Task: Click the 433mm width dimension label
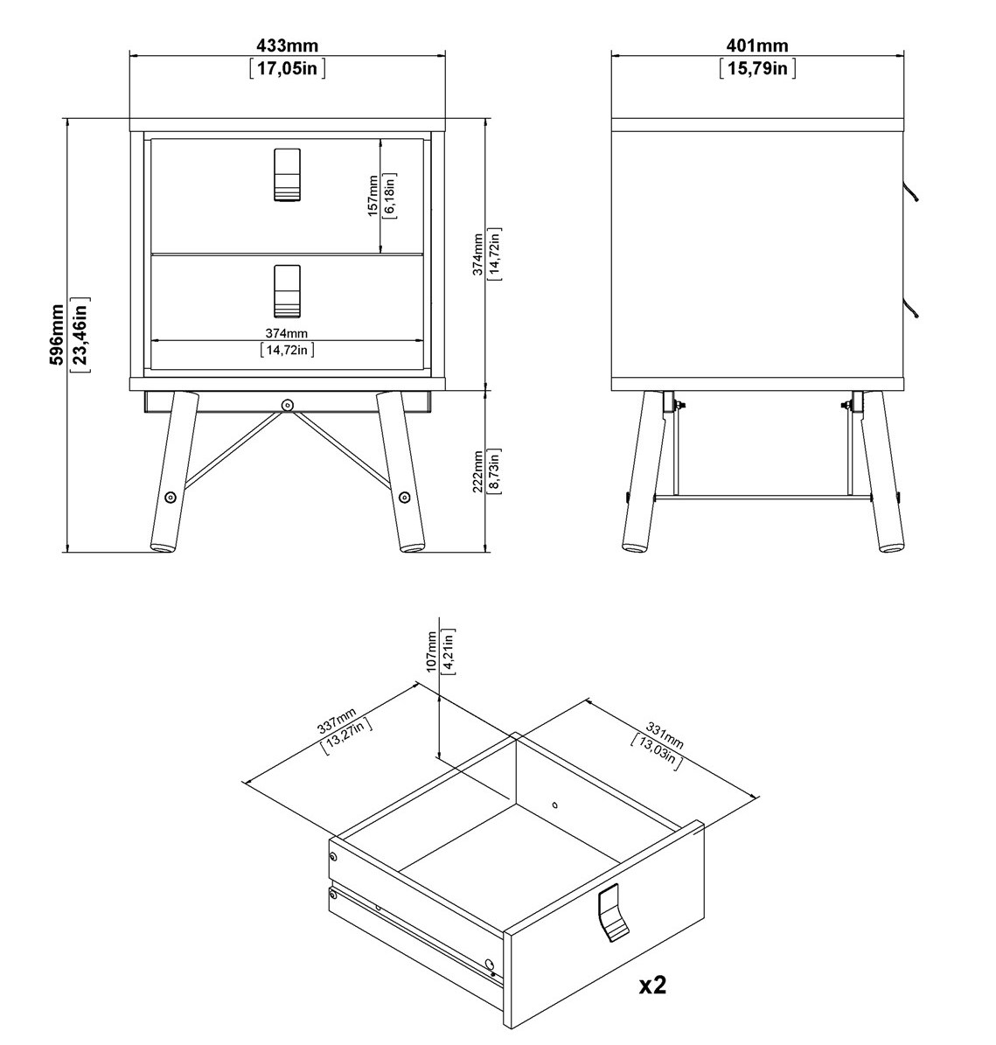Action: [x=287, y=45]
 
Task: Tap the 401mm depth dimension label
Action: [x=756, y=45]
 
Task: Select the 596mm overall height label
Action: [x=58, y=335]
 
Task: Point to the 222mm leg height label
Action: [x=477, y=471]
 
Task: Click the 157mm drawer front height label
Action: [x=373, y=196]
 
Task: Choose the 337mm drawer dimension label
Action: [x=337, y=721]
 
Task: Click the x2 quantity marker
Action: [x=652, y=985]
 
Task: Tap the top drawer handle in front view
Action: [x=287, y=175]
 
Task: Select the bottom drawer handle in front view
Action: [x=287, y=291]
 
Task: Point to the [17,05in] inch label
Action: [x=287, y=68]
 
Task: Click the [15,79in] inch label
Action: [x=756, y=68]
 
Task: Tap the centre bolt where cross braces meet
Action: [x=287, y=405]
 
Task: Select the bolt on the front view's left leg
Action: [x=171, y=497]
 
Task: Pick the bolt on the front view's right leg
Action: [x=404, y=497]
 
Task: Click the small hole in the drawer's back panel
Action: [x=555, y=805]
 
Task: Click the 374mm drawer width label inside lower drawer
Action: [x=287, y=333]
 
